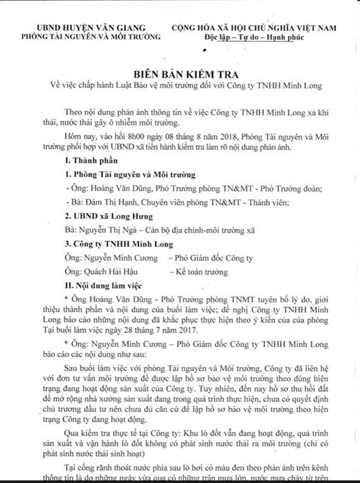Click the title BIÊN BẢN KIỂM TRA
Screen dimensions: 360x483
point(181,75)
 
